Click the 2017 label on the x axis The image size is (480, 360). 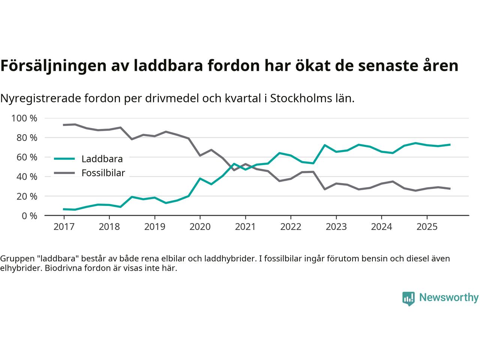click(x=64, y=227)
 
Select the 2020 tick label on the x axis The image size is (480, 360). click(x=200, y=227)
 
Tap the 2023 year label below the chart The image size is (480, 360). click(x=336, y=227)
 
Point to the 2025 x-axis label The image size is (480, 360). click(x=427, y=227)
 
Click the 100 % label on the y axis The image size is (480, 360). click(x=24, y=118)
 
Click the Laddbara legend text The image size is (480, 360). click(x=102, y=159)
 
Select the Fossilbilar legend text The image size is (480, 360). click(x=103, y=173)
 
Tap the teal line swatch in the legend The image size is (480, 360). click(x=65, y=159)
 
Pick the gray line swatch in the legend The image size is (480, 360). click(x=65, y=173)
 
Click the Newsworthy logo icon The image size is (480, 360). click(x=408, y=298)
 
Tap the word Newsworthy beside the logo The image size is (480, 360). click(x=448, y=298)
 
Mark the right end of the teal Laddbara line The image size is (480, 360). click(x=450, y=145)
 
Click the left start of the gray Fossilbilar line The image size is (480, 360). click(x=64, y=125)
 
